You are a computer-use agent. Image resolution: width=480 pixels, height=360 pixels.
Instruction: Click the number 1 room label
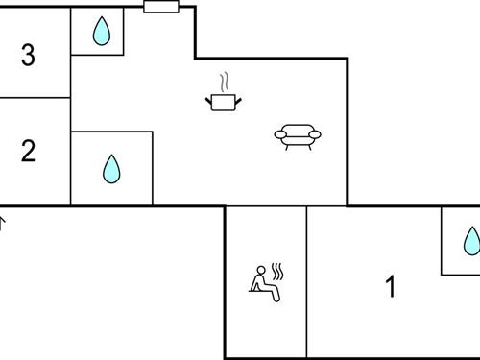tap(390, 286)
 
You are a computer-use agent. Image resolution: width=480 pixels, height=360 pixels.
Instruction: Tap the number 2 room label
tap(28, 152)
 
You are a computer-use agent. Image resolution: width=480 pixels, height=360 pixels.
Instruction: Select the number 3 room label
tap(28, 56)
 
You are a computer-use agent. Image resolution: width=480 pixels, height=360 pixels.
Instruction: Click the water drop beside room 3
tap(101, 34)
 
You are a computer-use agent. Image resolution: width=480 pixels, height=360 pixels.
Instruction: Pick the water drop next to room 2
tap(112, 170)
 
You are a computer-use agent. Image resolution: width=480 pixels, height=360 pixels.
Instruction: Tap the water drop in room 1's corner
tap(471, 241)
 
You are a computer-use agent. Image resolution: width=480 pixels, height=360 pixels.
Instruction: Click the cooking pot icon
tap(223, 101)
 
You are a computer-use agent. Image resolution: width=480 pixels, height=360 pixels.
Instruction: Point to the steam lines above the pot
tap(225, 81)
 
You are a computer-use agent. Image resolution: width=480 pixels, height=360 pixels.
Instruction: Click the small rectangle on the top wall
tap(160, 7)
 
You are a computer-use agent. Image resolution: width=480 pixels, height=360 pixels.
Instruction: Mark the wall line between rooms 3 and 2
tap(36, 97)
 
